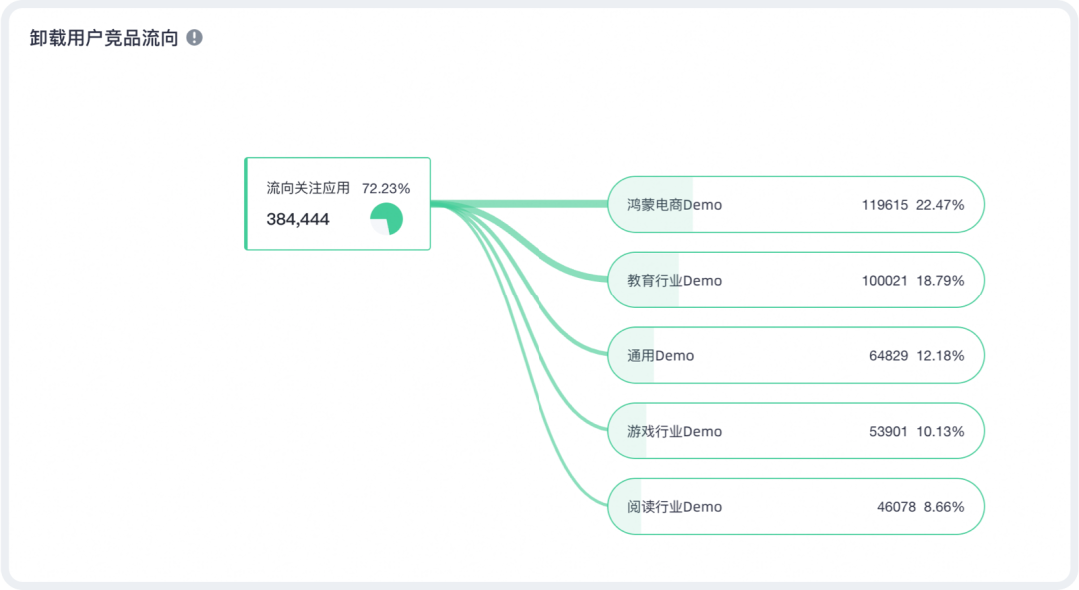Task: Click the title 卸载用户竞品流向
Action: coord(104,38)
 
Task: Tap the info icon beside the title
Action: coord(194,38)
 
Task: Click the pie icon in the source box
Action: coord(386,219)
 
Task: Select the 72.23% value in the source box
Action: coord(386,188)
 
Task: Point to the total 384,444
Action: coord(297,219)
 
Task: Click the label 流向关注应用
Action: coord(308,188)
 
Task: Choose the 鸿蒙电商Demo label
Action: coord(674,205)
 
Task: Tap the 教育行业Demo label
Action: coord(674,281)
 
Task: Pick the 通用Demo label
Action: coord(660,356)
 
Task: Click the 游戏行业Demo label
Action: coord(674,432)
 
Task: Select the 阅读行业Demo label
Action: coord(674,507)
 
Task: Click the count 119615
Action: coord(884,205)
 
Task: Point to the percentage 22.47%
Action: coord(940,205)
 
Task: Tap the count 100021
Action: coord(884,281)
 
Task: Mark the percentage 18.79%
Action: coord(940,281)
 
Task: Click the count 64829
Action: coord(888,356)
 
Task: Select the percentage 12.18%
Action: coord(940,356)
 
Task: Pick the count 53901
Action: coord(888,432)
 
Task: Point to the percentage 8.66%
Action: coord(944,507)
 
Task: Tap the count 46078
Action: coord(896,507)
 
